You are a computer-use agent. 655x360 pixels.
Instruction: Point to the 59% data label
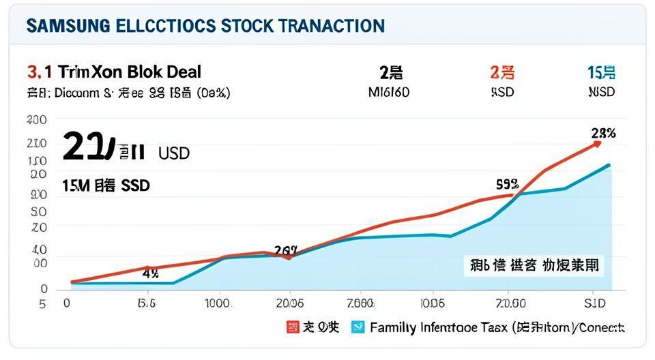(507, 183)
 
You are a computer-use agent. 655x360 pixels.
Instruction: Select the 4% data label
(150, 274)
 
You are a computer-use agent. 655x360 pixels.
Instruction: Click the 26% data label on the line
(285, 250)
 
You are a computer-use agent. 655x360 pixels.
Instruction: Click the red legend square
(292, 327)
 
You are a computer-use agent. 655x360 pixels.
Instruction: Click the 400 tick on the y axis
(36, 120)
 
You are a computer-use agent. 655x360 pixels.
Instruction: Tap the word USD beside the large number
(173, 153)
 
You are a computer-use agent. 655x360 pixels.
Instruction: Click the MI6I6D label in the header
(388, 92)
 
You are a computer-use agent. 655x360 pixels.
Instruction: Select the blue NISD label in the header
(601, 92)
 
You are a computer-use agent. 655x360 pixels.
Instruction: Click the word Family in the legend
(393, 327)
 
